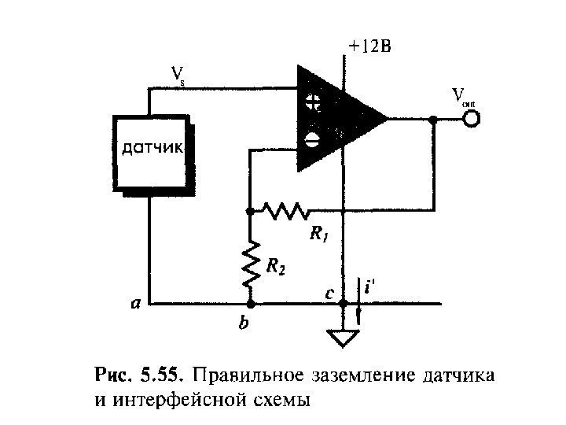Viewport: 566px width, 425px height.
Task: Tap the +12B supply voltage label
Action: click(x=369, y=47)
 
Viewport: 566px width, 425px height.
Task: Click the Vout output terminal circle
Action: click(x=472, y=120)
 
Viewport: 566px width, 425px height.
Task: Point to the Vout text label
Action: click(x=465, y=97)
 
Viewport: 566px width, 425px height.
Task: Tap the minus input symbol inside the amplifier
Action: click(x=312, y=140)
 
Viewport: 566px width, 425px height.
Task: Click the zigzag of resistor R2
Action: click(x=251, y=264)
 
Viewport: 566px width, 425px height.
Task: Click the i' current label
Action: click(x=369, y=289)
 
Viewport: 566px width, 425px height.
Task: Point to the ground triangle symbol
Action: click(x=342, y=337)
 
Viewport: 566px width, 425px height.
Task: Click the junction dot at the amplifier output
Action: click(x=433, y=120)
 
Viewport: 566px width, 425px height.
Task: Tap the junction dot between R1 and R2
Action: click(x=249, y=211)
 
